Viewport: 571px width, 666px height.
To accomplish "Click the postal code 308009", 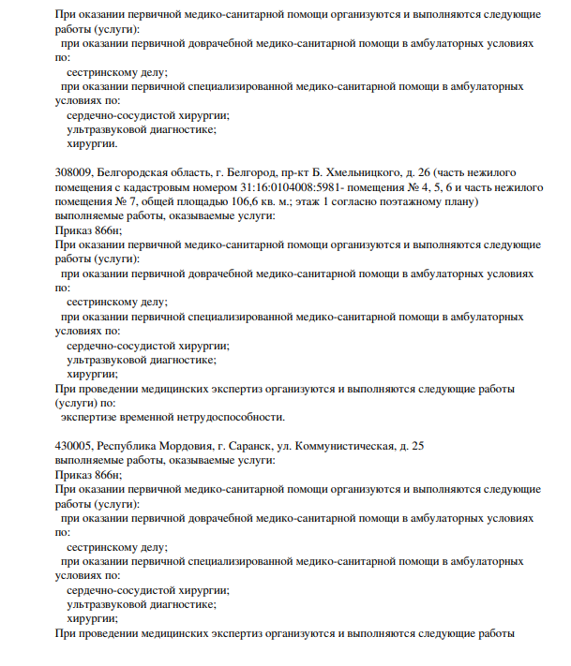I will pos(74,174).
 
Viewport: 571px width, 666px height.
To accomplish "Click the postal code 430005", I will pos(74,446).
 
